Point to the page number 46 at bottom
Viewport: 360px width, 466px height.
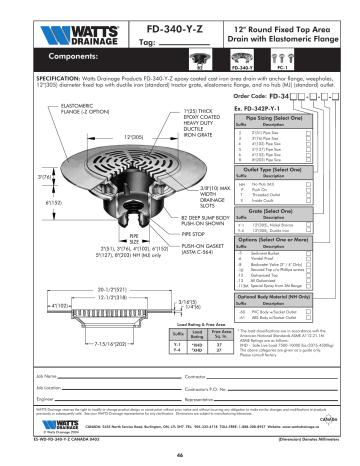click(179, 455)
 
